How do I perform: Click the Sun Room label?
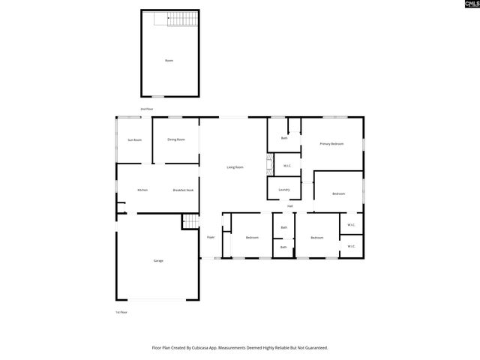point(134,139)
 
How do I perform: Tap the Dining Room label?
point(176,139)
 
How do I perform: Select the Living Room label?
point(235,167)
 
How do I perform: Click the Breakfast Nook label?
point(184,190)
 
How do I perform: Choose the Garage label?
point(158,260)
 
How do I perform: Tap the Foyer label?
point(211,237)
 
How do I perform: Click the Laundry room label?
point(284,189)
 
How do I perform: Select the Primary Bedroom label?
point(331,143)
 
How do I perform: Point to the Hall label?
point(289,206)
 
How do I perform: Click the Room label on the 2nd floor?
point(169,61)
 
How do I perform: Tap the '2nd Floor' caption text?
point(146,109)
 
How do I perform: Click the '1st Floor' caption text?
point(121,312)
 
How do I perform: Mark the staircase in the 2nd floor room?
point(183,19)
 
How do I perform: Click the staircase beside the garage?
point(192,221)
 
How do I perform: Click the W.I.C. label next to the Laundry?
point(287,166)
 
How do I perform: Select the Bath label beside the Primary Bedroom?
point(284,138)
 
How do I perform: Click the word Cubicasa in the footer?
point(211,348)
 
